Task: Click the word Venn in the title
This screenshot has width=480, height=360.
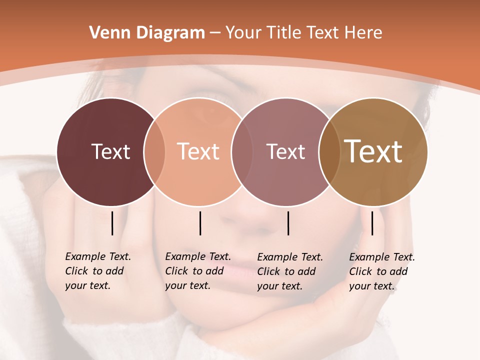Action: click(104, 33)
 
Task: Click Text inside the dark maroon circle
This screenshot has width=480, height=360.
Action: click(110, 152)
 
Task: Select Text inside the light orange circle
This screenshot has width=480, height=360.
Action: click(198, 152)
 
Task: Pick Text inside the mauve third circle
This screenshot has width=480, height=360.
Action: click(285, 152)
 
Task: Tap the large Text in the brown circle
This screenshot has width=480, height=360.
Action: click(373, 152)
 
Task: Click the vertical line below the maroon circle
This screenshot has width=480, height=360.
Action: click(112, 223)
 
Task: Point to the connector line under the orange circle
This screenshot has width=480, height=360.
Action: click(200, 223)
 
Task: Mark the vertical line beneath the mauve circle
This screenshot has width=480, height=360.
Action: click(288, 223)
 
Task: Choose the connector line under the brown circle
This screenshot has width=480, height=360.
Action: click(372, 223)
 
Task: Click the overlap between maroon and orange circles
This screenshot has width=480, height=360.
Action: click(154, 152)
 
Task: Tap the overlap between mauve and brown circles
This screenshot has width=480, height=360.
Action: click(329, 152)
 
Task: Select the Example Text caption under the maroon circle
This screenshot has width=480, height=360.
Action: click(98, 271)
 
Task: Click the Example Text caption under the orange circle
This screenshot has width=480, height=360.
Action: click(198, 271)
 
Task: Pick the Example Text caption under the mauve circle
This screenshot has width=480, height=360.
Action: click(290, 271)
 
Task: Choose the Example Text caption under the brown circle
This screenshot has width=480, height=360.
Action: click(382, 271)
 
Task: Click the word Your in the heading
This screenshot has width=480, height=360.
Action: click(243, 33)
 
